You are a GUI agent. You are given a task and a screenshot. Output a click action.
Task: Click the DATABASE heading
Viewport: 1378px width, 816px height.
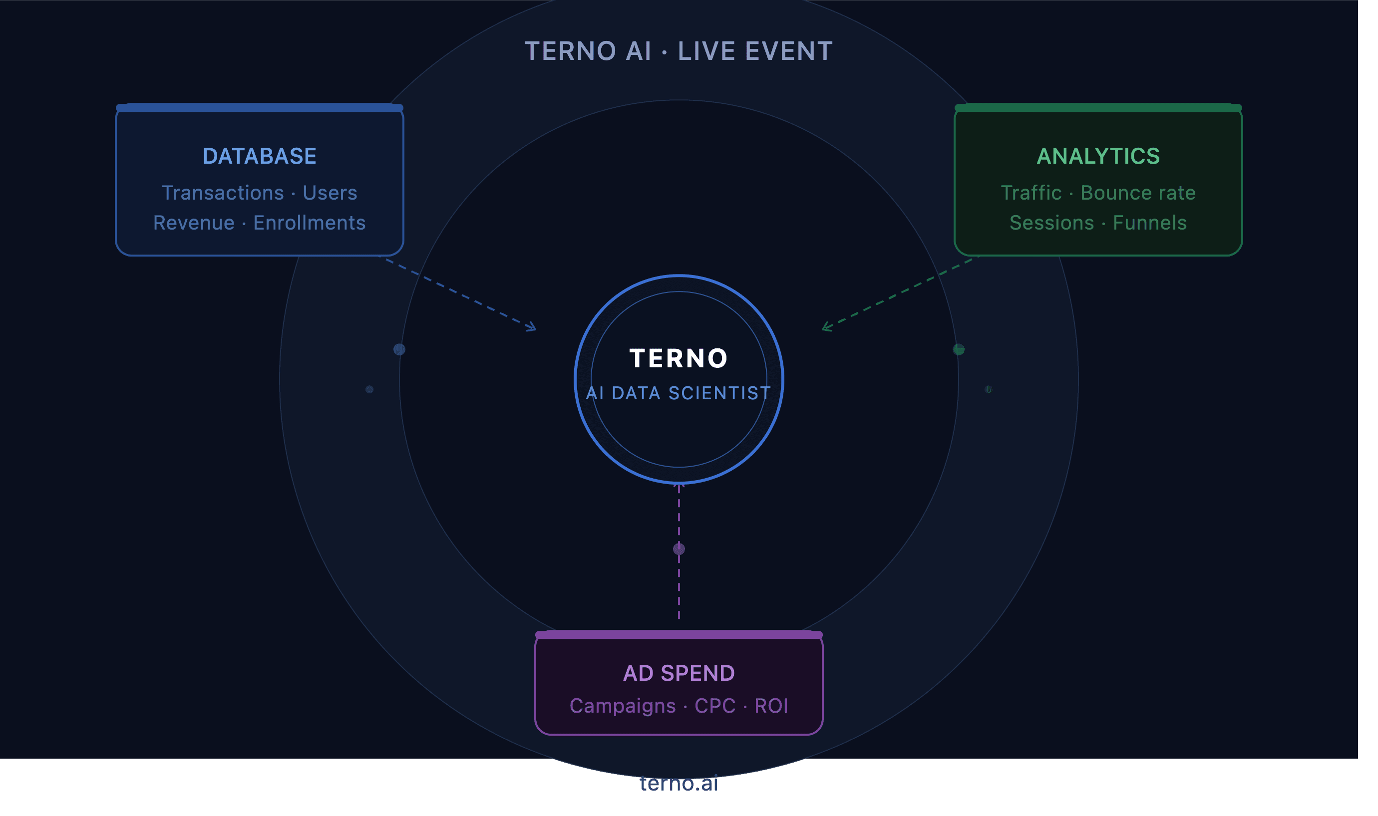click(x=260, y=156)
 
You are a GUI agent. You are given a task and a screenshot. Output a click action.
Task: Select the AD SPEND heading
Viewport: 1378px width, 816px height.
click(x=680, y=674)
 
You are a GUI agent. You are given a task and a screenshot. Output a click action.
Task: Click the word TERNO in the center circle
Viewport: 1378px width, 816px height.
click(x=680, y=358)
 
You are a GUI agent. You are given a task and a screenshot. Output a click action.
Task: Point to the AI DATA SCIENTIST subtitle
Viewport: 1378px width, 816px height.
click(x=680, y=393)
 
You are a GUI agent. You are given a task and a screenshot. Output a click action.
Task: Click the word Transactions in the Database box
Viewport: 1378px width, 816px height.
click(x=223, y=193)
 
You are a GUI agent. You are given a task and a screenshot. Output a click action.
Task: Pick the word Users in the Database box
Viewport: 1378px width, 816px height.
click(x=330, y=193)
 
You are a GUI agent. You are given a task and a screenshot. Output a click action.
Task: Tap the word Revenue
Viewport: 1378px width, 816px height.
click(x=194, y=223)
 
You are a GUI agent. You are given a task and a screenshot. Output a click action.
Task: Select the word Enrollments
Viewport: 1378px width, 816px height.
click(x=310, y=223)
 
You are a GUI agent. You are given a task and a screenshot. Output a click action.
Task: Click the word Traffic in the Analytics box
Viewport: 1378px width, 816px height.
click(x=1032, y=193)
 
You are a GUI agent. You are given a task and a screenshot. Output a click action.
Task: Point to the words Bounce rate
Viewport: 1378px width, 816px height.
click(x=1139, y=193)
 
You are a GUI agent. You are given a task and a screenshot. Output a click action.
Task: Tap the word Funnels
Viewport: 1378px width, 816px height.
click(x=1150, y=223)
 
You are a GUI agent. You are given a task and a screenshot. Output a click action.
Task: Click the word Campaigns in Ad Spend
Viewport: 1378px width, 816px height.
click(x=623, y=706)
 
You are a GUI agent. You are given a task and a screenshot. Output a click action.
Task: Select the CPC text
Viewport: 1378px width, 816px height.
click(x=715, y=706)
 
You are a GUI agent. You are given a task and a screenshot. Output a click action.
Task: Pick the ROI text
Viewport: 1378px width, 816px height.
click(x=772, y=706)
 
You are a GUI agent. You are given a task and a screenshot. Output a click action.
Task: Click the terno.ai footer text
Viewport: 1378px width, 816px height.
click(x=680, y=784)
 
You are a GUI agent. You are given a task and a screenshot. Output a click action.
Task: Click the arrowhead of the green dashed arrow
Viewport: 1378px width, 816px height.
click(x=826, y=328)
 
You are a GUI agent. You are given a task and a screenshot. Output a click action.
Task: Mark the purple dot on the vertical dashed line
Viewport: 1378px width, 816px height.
click(x=680, y=549)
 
